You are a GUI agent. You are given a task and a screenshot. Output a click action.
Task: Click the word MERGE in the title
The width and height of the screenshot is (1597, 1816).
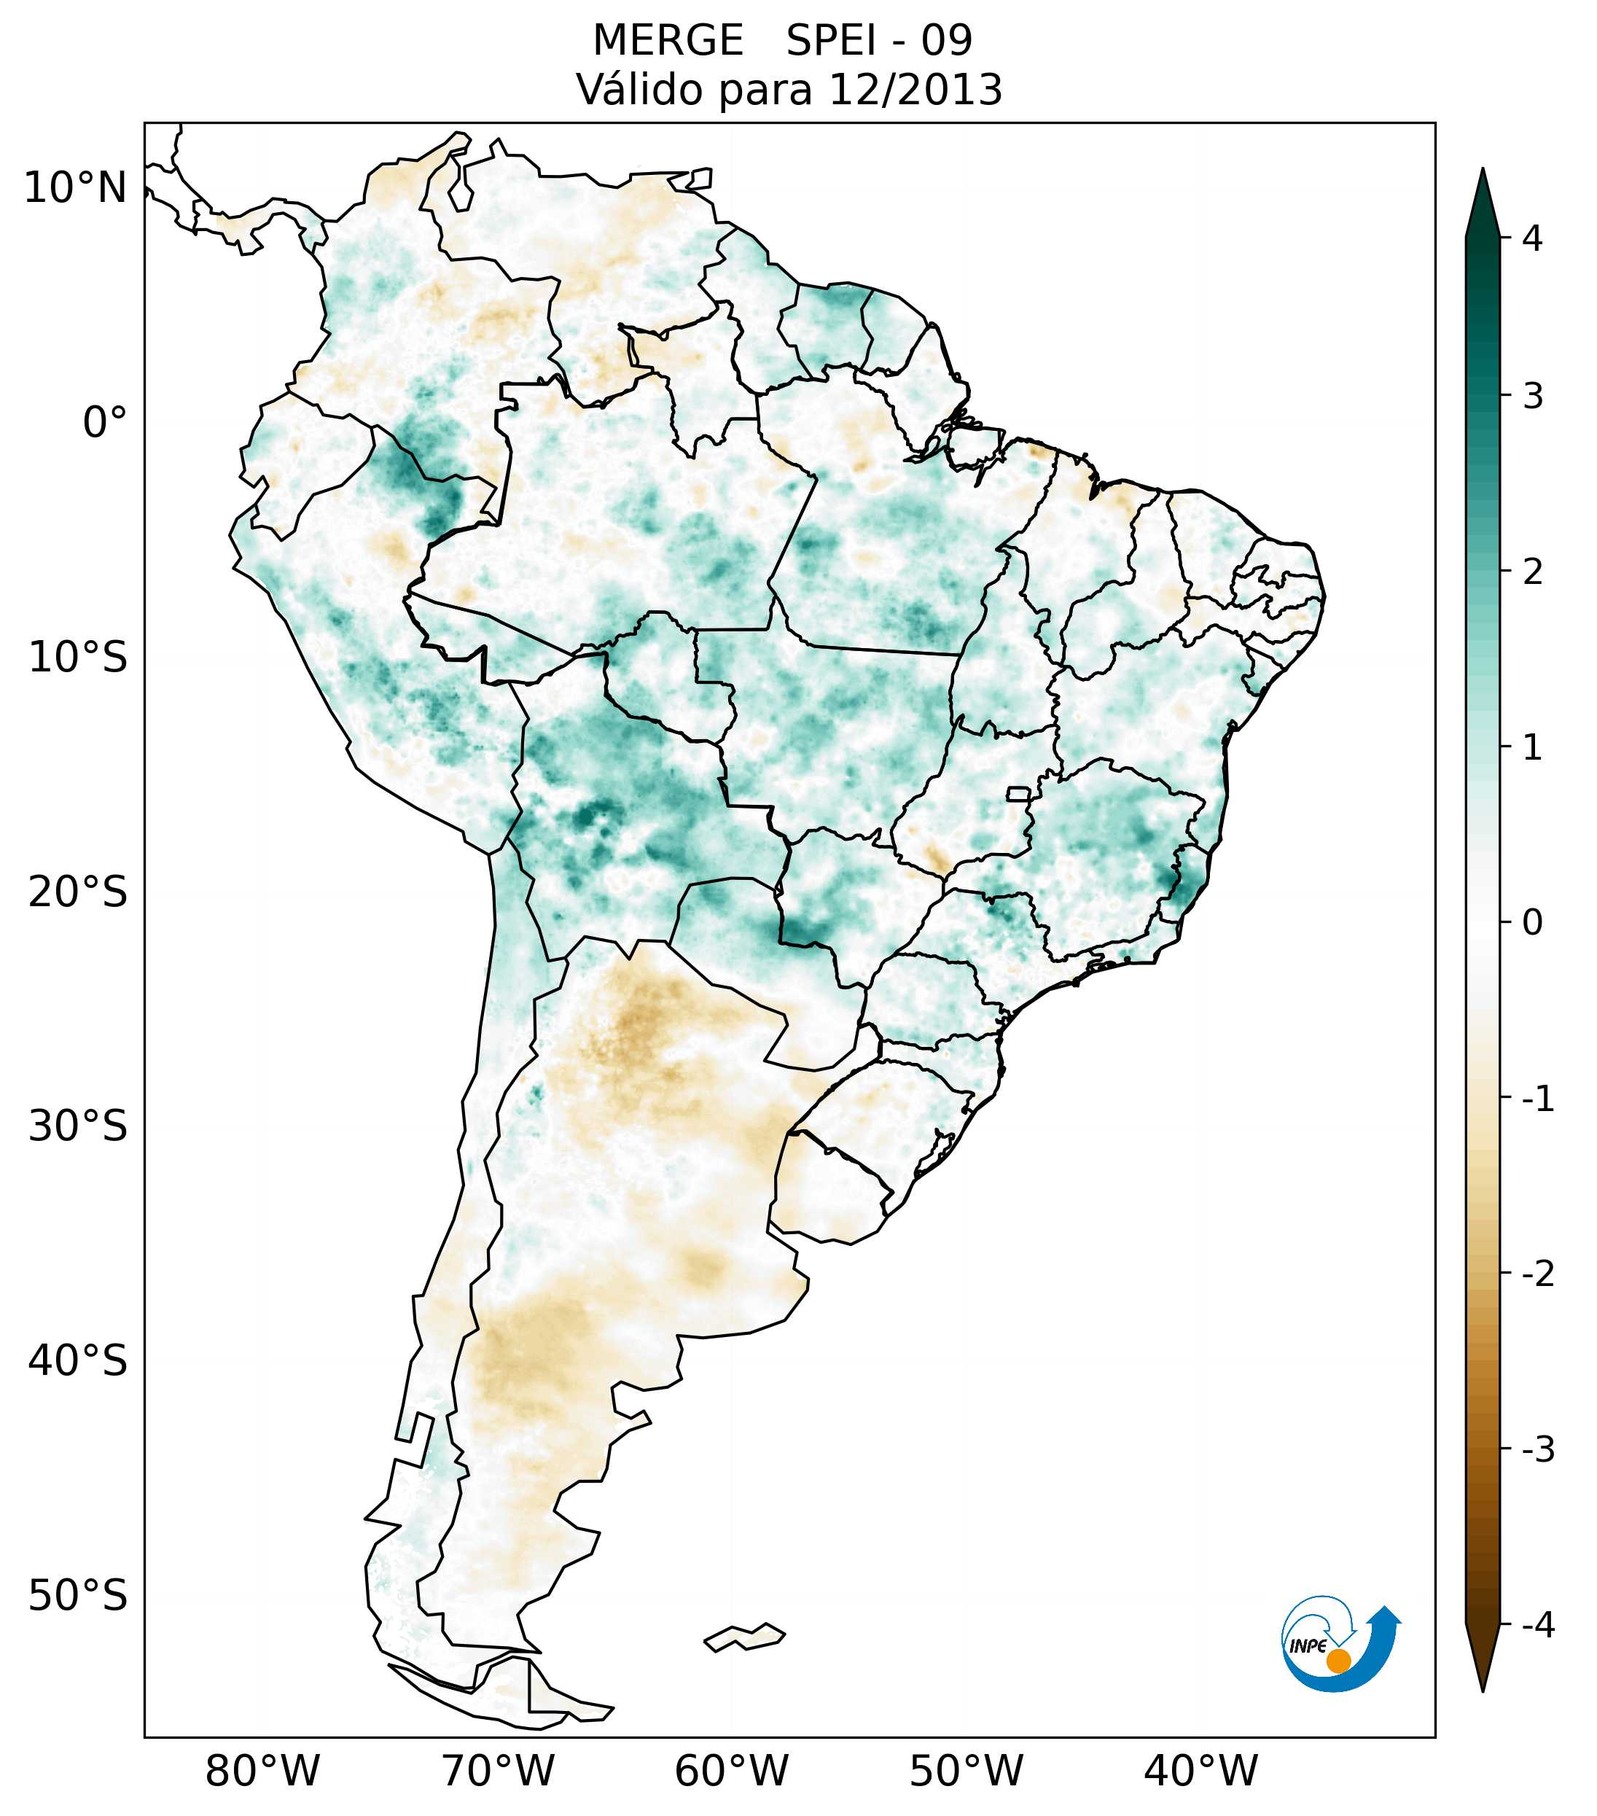(668, 41)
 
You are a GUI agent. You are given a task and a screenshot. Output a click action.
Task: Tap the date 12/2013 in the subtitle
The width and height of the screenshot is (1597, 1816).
(915, 90)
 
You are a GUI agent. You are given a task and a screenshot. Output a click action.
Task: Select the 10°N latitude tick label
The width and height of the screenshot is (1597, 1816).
(76, 188)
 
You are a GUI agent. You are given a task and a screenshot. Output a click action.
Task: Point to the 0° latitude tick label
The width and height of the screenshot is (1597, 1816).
(105, 423)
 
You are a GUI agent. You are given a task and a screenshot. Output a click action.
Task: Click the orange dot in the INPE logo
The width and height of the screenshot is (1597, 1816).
(1338, 1661)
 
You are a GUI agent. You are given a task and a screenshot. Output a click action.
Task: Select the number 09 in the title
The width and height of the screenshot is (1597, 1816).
(946, 41)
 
